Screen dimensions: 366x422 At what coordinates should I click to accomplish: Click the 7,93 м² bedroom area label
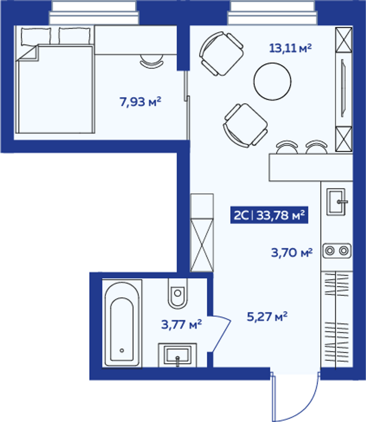[x=140, y=102]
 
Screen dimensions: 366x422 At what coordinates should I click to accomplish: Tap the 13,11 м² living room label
[x=291, y=48]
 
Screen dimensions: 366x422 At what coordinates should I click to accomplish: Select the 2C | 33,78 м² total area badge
[x=269, y=215]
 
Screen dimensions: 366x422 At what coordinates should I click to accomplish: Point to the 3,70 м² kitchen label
[x=292, y=253]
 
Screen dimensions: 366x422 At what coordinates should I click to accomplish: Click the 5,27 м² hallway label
[x=267, y=317]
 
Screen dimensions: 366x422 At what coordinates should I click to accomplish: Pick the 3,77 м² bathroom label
[x=181, y=324]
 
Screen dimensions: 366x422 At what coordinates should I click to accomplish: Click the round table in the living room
[x=272, y=81]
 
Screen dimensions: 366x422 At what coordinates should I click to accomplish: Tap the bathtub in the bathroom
[x=122, y=323]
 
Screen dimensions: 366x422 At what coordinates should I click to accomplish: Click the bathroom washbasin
[x=178, y=355]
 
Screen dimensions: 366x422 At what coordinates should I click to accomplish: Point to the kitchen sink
[x=336, y=202]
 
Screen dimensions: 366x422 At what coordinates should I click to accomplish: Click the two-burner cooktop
[x=337, y=251]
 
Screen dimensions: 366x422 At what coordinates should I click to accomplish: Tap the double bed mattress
[x=55, y=89]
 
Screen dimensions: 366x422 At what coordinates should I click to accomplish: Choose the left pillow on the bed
[x=36, y=36]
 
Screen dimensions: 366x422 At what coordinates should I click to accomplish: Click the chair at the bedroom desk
[x=151, y=61]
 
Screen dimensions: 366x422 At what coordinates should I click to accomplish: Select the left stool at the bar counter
[x=287, y=147]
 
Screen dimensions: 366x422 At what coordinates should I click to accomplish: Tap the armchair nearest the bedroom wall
[x=221, y=54]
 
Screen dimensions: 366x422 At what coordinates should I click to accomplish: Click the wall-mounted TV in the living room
[x=343, y=88]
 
